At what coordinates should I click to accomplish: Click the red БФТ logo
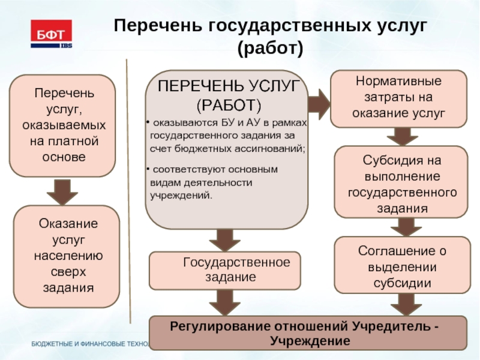click(52, 34)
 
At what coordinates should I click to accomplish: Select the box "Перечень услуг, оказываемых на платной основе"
click(62, 125)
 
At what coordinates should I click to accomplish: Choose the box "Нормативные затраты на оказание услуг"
click(398, 98)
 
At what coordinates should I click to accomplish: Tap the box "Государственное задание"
click(225, 270)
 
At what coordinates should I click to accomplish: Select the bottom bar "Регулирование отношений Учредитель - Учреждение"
click(307, 332)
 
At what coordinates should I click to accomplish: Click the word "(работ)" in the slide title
click(270, 48)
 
